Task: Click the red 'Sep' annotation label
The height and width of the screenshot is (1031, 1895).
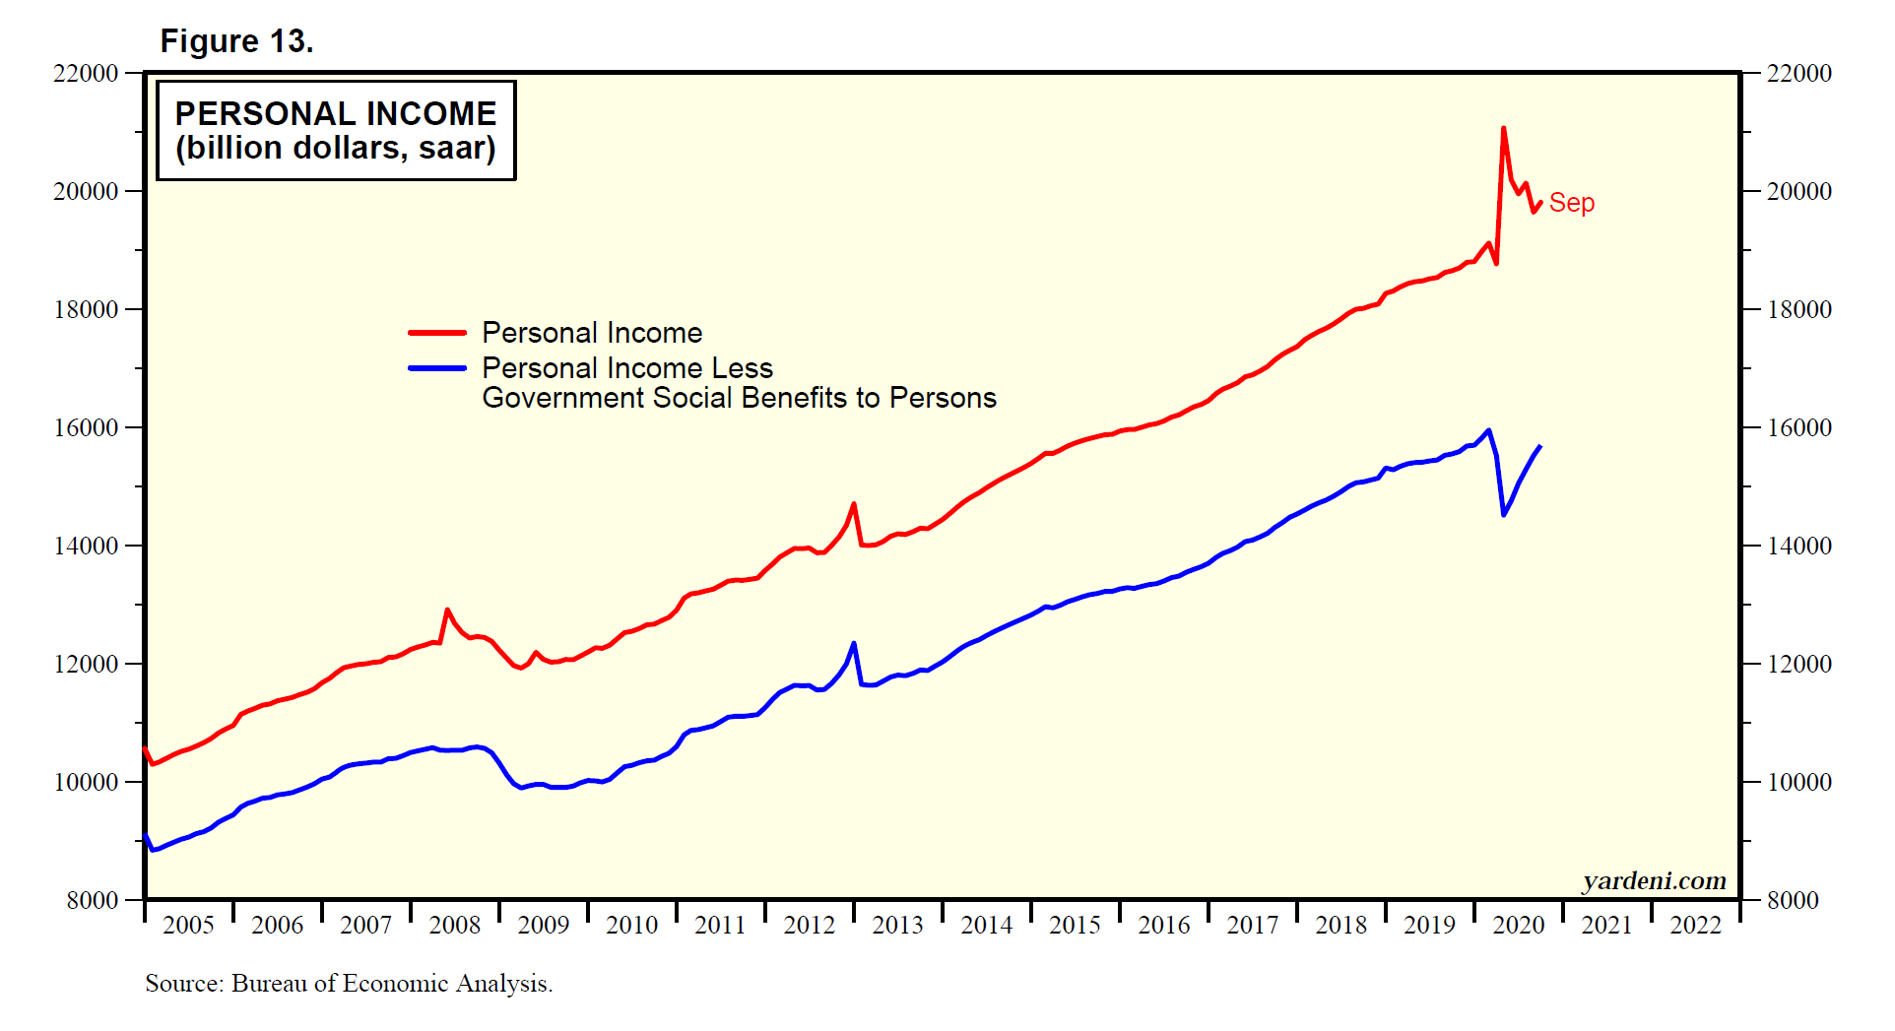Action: coord(1571,203)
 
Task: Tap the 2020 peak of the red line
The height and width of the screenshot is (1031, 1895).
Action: coord(1503,128)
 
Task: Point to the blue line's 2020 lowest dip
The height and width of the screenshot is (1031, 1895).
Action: coord(1503,514)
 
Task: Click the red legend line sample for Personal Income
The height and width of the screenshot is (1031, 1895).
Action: coord(437,333)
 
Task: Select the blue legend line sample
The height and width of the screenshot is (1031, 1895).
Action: coord(437,368)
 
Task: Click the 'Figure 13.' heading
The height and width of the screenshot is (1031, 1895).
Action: coord(236,41)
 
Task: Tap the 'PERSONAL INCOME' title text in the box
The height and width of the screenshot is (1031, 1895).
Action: coord(336,114)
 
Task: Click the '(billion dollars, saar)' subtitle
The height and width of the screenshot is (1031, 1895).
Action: coord(336,149)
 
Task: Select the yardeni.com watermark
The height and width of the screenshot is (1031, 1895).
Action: coord(1654,880)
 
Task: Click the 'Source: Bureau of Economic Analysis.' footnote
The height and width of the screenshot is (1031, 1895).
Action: coord(349,983)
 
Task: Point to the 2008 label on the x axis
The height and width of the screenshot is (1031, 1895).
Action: coord(455,925)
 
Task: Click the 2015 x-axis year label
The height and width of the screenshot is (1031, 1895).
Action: coord(1075,925)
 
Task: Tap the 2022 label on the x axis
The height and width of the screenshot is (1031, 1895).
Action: coord(1695,925)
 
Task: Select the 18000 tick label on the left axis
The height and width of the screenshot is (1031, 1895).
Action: coord(86,309)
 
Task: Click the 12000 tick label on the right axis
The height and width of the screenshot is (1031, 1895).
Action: coord(1799,664)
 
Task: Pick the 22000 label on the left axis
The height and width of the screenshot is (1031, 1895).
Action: coord(86,73)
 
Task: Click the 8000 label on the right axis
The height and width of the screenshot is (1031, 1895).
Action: coord(1793,900)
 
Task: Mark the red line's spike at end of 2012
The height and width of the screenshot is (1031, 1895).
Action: coord(854,504)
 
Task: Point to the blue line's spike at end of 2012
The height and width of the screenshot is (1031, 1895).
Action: coord(854,644)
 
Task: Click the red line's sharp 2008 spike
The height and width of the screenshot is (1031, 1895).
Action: coord(447,611)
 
